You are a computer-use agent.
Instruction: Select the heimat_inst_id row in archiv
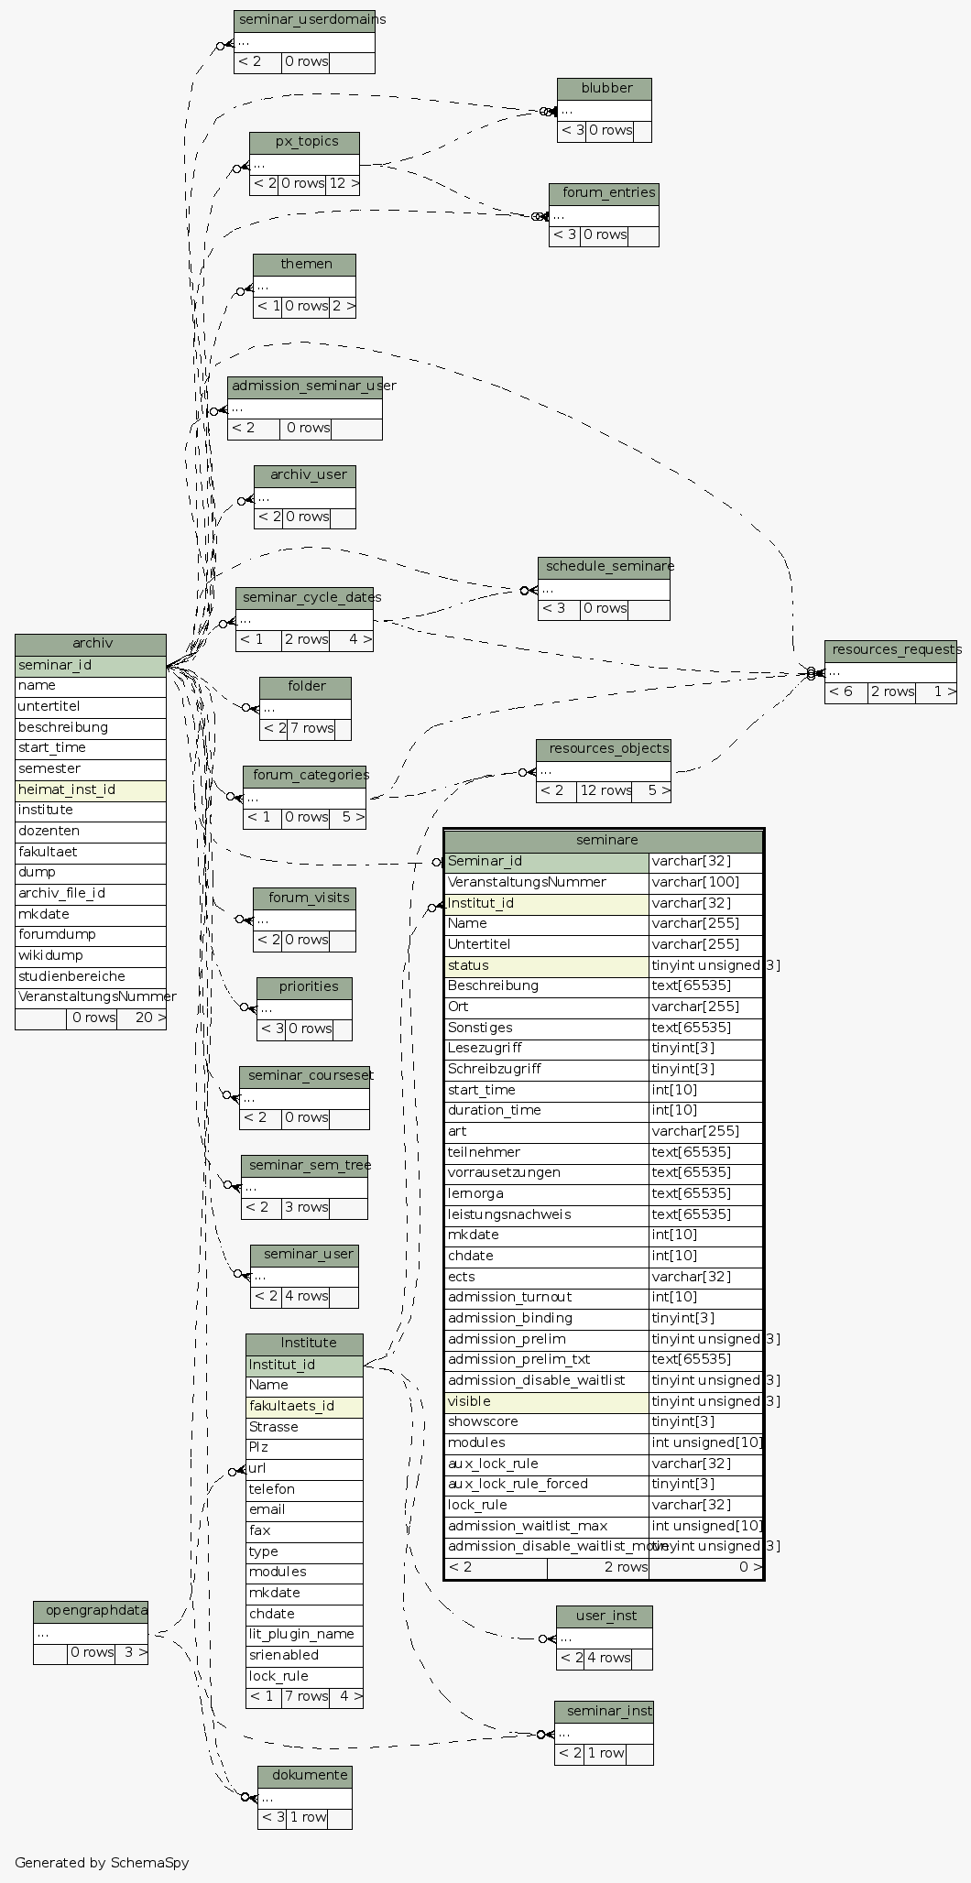point(91,789)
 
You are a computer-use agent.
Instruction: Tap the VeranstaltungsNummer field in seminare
point(546,883)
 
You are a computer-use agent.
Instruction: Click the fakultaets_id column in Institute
point(304,1406)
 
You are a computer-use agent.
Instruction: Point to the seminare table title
point(604,840)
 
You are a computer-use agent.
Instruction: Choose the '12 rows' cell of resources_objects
point(604,790)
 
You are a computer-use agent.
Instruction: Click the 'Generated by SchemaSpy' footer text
point(102,1862)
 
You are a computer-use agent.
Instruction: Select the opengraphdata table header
point(91,1611)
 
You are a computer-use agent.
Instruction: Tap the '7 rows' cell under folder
point(311,729)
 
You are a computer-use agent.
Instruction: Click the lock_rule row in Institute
point(304,1676)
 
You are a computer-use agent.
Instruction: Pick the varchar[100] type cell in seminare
point(705,883)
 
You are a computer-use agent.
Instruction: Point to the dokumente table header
point(305,1776)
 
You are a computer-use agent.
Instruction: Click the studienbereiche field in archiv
point(91,976)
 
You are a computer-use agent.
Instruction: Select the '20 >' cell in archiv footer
point(142,1018)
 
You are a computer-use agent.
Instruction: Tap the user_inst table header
point(605,1616)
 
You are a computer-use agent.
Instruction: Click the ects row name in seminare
point(546,1277)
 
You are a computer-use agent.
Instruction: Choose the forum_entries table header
point(605,193)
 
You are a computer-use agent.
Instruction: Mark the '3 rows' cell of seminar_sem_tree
point(306,1207)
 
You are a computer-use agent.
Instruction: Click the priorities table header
point(305,987)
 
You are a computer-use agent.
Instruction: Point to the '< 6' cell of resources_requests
point(846,692)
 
